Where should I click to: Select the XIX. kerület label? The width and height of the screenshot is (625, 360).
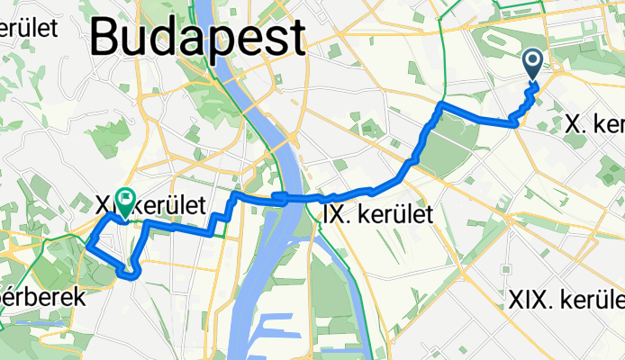[566, 299]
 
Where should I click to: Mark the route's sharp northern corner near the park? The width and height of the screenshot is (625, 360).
[440, 106]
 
